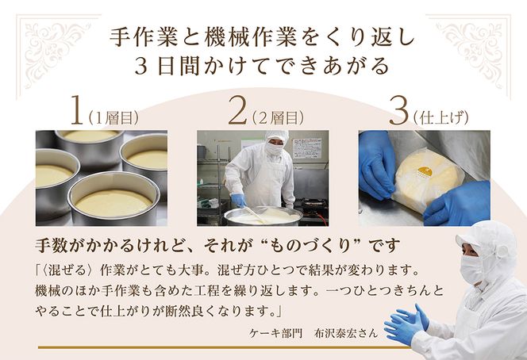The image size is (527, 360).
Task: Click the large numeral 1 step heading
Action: [x=77, y=111]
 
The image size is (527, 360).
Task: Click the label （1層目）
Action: [x=113, y=117]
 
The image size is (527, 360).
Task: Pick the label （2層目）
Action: [x=278, y=117]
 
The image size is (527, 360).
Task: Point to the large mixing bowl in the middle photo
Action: [x=262, y=215]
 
